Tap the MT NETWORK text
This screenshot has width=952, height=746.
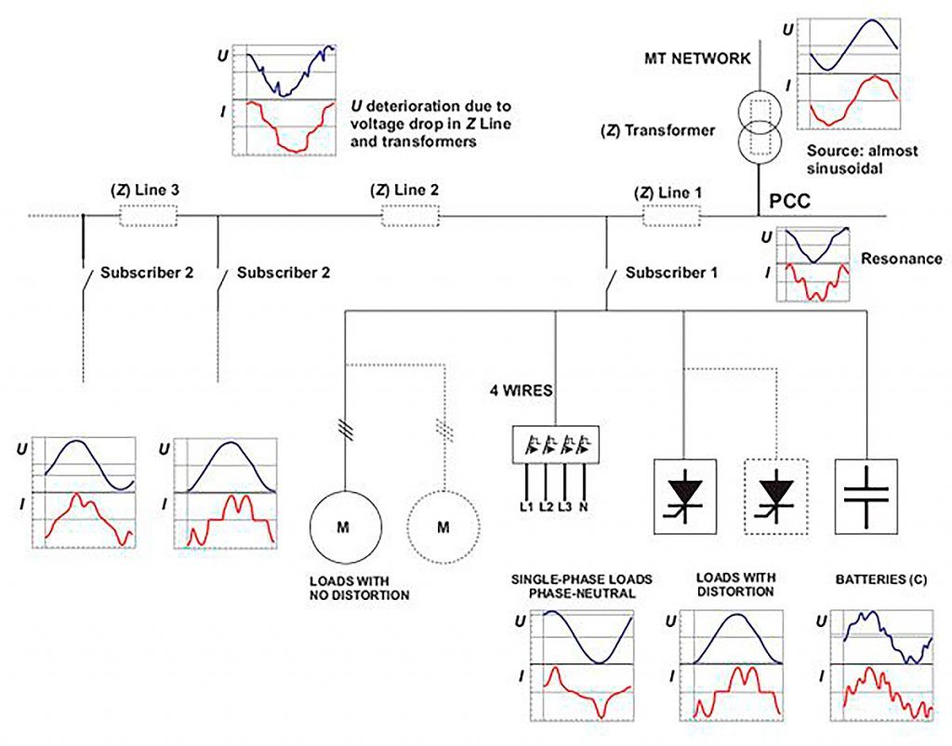coord(696,59)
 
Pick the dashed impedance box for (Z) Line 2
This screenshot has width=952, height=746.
coord(410,217)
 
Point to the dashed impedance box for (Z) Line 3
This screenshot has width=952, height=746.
coord(148,217)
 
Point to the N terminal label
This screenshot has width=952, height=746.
coord(584,506)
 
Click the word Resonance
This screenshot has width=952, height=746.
coord(889,259)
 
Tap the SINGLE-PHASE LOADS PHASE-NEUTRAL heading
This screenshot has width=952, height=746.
coord(582,585)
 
